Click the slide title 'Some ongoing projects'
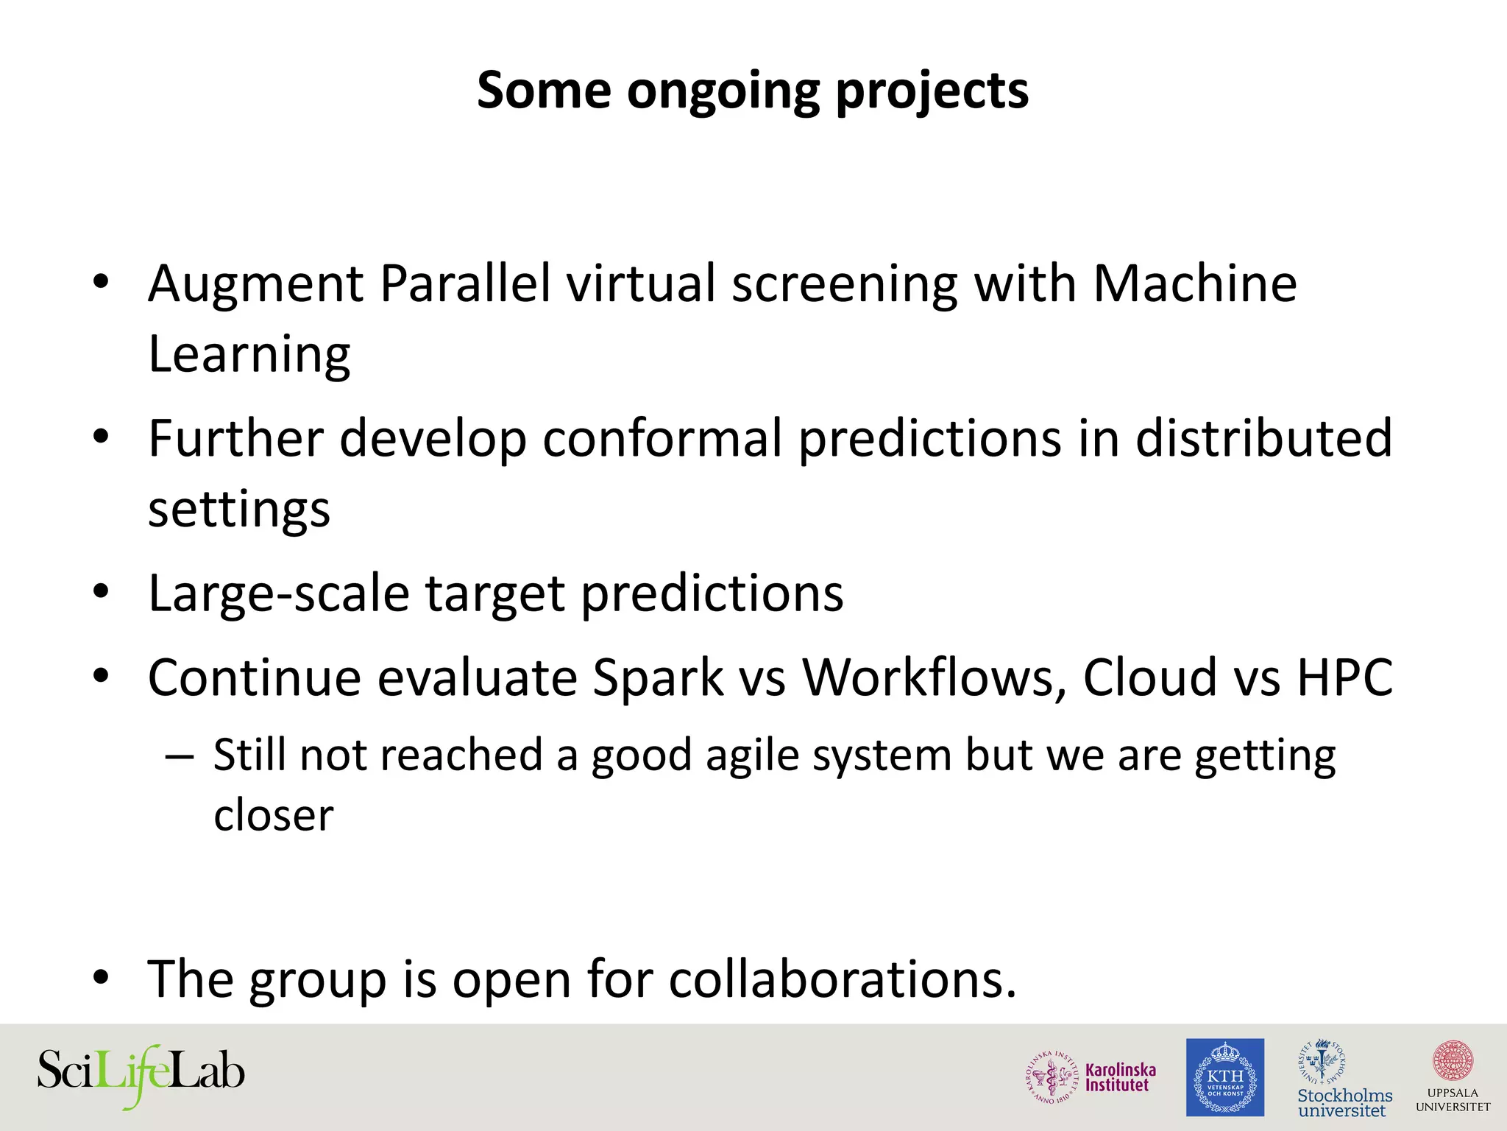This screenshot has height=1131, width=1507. click(752, 91)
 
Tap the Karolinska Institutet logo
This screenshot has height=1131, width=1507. click(1091, 1077)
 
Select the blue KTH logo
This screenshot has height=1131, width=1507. click(1224, 1077)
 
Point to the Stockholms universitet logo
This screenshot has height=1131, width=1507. click(1344, 1079)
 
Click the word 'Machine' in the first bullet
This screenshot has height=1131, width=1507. click(1194, 283)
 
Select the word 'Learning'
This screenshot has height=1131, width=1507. click(249, 355)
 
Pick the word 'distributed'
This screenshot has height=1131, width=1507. click(1263, 439)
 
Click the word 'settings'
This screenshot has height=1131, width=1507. click(239, 510)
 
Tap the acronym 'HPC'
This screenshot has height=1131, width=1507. click(1344, 677)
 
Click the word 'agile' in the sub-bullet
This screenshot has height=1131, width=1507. click(751, 756)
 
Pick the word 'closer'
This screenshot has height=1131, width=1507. click(274, 816)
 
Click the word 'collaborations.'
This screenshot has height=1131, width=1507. click(843, 980)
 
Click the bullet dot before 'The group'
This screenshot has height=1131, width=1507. click(101, 978)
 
